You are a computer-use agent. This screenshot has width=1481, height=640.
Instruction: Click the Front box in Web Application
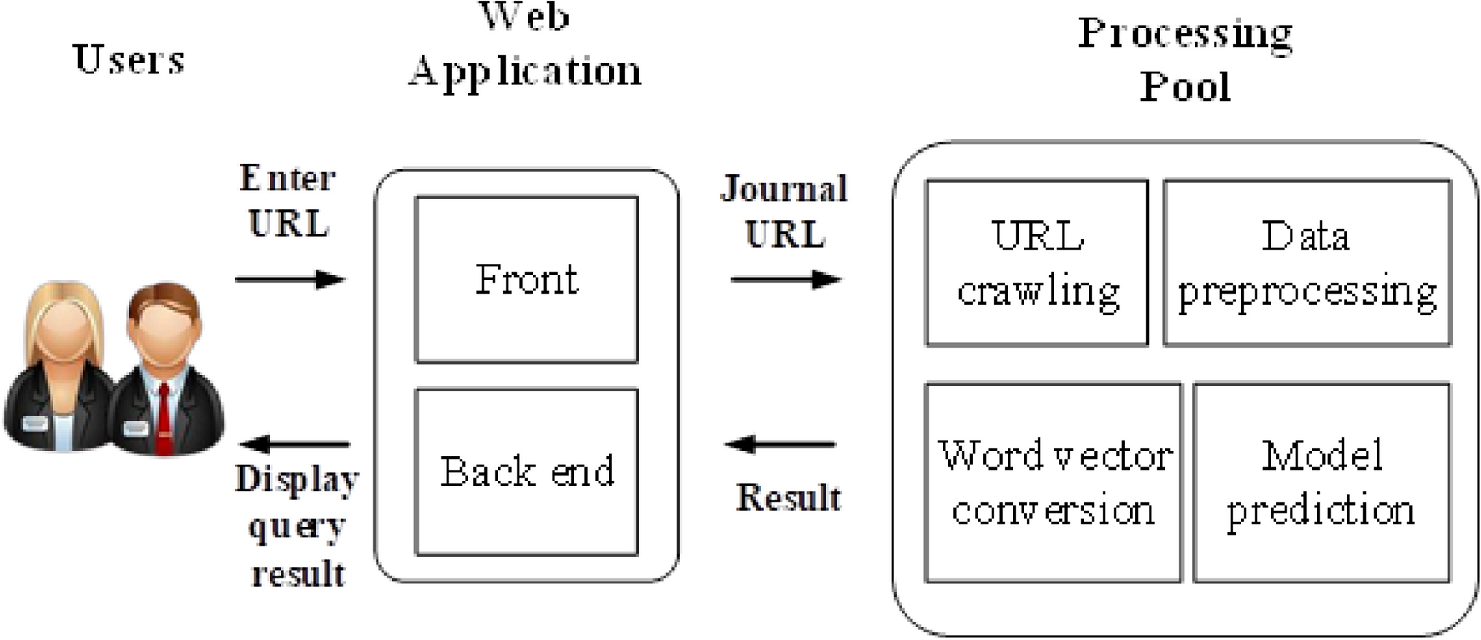[526, 280]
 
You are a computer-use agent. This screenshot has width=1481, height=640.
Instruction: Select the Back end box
[526, 471]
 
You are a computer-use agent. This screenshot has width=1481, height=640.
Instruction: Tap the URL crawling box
[1036, 263]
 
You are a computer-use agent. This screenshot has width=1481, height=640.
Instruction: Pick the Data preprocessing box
[1307, 263]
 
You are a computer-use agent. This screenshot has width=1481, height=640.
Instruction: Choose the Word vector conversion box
[1053, 482]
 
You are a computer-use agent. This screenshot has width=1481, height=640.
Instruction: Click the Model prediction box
[1322, 482]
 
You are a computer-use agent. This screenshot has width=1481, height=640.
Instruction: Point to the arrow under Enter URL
[290, 279]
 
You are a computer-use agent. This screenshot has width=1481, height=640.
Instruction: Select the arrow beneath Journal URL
[786, 279]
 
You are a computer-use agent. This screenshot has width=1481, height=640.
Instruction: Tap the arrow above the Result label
[781, 444]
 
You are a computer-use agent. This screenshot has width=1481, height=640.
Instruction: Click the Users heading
[129, 60]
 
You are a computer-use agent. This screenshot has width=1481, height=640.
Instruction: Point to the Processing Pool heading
[1185, 60]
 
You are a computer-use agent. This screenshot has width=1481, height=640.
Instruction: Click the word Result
[789, 497]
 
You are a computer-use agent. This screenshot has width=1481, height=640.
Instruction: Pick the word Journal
[784, 189]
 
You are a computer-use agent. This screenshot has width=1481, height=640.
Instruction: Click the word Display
[297, 480]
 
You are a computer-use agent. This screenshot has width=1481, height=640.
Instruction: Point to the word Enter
[287, 178]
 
